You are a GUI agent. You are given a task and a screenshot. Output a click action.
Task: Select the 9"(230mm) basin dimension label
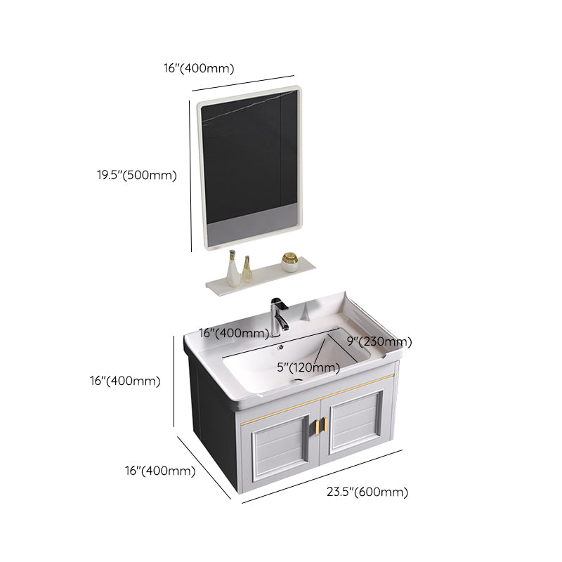(379, 341)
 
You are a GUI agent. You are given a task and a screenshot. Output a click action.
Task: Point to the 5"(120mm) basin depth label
(308, 367)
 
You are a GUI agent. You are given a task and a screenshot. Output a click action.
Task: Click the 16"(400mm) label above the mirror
(198, 68)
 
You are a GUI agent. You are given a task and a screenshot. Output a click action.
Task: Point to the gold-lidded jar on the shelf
(289, 261)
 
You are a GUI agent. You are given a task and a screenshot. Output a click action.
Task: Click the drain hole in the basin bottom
(300, 382)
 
